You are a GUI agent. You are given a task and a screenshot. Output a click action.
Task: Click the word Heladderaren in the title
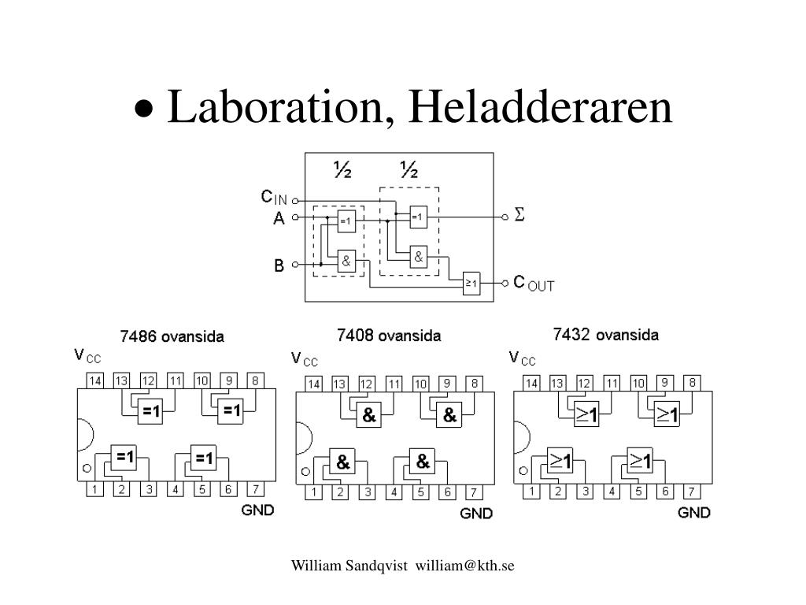540,106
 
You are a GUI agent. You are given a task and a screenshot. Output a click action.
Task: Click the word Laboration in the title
275,108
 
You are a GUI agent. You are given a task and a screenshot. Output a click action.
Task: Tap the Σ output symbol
519,214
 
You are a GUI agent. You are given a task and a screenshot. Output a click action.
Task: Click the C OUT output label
534,284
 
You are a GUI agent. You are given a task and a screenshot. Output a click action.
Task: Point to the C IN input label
274,197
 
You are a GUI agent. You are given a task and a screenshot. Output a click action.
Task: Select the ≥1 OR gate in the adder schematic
471,283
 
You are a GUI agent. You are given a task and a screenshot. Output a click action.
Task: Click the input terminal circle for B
295,265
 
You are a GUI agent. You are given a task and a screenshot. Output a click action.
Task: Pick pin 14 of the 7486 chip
94,380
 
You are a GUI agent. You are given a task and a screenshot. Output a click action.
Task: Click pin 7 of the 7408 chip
473,492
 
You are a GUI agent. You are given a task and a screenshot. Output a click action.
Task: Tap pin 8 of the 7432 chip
692,383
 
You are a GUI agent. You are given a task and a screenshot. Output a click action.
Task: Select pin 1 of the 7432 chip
531,492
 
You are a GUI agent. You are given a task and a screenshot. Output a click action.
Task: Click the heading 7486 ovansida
172,337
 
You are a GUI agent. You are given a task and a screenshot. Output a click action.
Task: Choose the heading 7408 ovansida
389,336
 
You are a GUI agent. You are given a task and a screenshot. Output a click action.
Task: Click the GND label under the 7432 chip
694,512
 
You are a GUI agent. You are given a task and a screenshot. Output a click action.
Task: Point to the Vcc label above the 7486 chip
87,356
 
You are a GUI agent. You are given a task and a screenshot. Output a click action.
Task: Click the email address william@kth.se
464,566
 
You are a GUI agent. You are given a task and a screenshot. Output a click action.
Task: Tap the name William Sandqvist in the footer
349,566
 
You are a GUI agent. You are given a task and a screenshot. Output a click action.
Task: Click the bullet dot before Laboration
145,109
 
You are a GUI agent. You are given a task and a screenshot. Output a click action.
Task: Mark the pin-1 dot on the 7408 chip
306,471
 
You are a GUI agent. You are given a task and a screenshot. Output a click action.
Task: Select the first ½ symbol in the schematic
342,169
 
